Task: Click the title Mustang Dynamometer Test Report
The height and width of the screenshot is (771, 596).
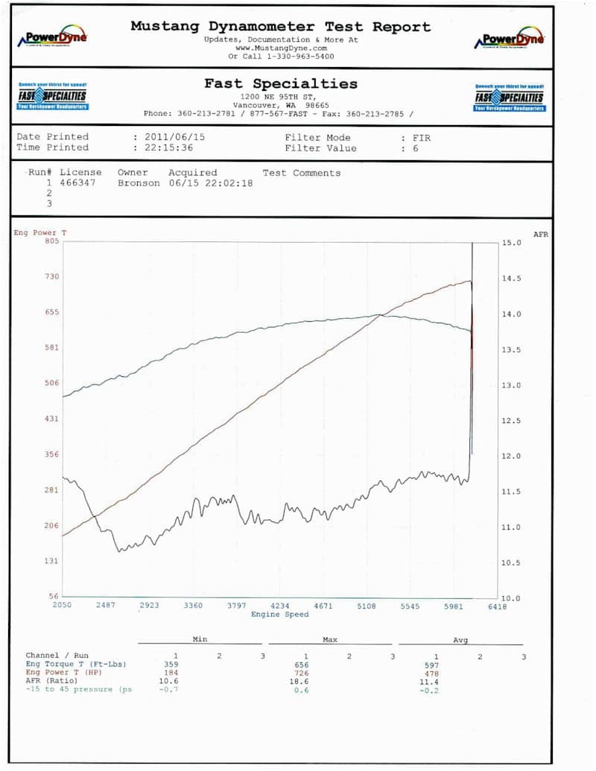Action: tap(280, 27)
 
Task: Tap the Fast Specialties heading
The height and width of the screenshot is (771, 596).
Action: tap(281, 83)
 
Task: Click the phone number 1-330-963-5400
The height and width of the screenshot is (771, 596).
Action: tap(291, 56)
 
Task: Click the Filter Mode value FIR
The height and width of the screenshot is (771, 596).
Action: tap(421, 138)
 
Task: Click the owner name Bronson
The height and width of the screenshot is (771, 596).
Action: tap(139, 183)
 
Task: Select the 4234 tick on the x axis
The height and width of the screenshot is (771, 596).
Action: tap(279, 606)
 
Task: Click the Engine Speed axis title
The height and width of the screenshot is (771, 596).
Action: tap(279, 615)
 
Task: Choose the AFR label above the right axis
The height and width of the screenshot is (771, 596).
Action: tap(540, 234)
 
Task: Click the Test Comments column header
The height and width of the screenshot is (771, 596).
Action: tap(301, 173)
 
